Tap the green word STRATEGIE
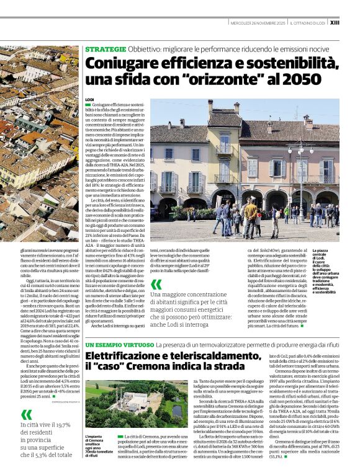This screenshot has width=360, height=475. pos(106,48)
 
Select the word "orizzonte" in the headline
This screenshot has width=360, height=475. pos(211,79)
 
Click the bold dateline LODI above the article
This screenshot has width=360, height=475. pos(89,100)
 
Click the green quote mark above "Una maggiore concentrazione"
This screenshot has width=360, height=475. pos(156,284)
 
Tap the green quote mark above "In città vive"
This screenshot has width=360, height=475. pos(25,414)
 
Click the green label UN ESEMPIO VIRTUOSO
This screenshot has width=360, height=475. pos(119,344)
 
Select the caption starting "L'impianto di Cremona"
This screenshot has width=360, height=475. pos(98,445)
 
